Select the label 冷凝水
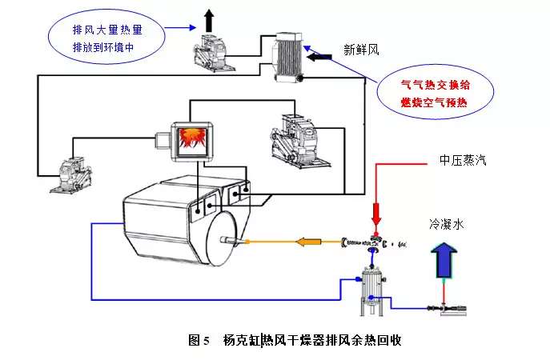coord(447,226)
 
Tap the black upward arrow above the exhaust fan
coord(209,17)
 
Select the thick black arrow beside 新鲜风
coord(319,58)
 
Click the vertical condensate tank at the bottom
coord(370,284)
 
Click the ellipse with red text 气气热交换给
coord(435,91)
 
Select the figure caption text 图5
coord(198,340)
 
